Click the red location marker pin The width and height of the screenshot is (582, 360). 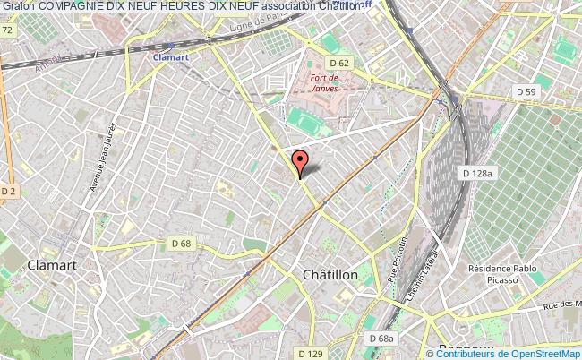301,162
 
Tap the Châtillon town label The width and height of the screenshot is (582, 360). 330,275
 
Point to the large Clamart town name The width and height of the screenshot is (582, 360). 53,265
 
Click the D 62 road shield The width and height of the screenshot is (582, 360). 339,63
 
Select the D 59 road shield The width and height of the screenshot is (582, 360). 527,92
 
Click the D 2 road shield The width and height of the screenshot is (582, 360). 9,192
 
